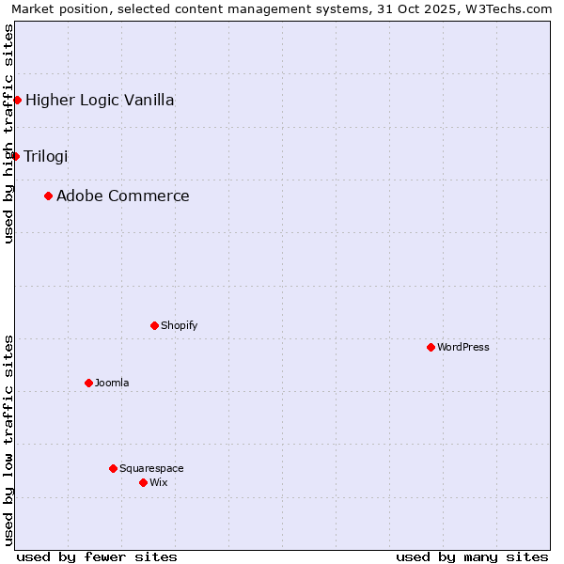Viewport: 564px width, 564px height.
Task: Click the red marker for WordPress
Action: click(x=431, y=347)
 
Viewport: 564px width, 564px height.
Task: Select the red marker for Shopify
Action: click(x=154, y=325)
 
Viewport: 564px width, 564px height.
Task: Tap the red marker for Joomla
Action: click(x=88, y=383)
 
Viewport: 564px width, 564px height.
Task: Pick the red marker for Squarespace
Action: click(x=113, y=468)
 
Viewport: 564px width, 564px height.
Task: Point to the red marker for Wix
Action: click(x=143, y=482)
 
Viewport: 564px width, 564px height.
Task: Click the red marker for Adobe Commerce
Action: click(x=48, y=196)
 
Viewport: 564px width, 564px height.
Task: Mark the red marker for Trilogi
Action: click(x=15, y=156)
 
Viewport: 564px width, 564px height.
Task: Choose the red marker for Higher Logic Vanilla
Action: click(x=17, y=100)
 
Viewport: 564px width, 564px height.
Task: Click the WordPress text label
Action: click(x=463, y=347)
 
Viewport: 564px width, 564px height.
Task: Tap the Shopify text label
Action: click(x=179, y=325)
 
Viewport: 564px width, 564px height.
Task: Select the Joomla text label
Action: click(x=112, y=383)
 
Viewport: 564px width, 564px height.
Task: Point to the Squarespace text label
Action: click(x=151, y=468)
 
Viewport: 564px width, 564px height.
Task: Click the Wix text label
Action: click(x=159, y=482)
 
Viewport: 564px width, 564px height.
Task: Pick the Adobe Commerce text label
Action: click(x=123, y=196)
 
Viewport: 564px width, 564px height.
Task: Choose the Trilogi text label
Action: click(x=46, y=156)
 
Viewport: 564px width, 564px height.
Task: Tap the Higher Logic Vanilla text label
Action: click(x=100, y=100)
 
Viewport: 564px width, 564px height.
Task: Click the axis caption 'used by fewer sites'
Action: click(x=97, y=556)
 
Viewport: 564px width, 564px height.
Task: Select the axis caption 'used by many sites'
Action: click(x=472, y=556)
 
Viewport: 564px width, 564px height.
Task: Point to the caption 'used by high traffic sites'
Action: click(x=8, y=133)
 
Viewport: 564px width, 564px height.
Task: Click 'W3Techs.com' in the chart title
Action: click(x=511, y=8)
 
